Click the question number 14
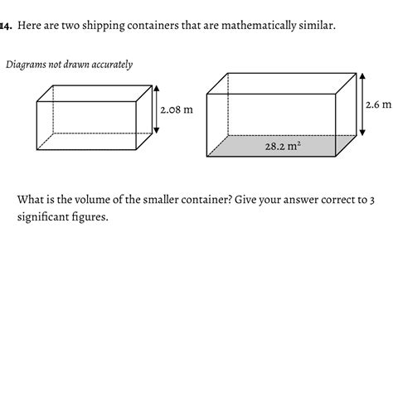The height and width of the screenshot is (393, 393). [x=5, y=25]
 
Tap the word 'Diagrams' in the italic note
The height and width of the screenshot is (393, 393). [x=27, y=64]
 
